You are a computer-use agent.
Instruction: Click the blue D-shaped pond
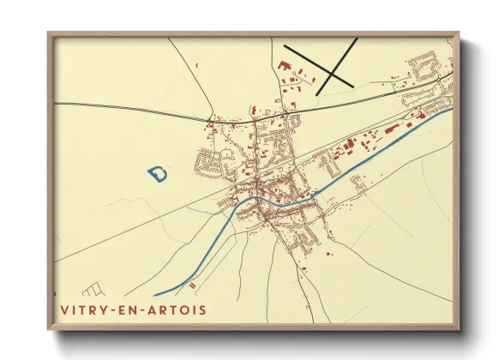point(158,174)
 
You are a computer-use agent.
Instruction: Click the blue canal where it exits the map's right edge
point(451,111)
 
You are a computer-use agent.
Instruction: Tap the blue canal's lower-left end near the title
point(157,295)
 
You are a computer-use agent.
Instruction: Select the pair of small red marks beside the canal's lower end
point(193,284)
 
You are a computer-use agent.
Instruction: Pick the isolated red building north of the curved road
point(196,65)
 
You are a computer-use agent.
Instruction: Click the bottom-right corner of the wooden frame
point(458,328)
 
